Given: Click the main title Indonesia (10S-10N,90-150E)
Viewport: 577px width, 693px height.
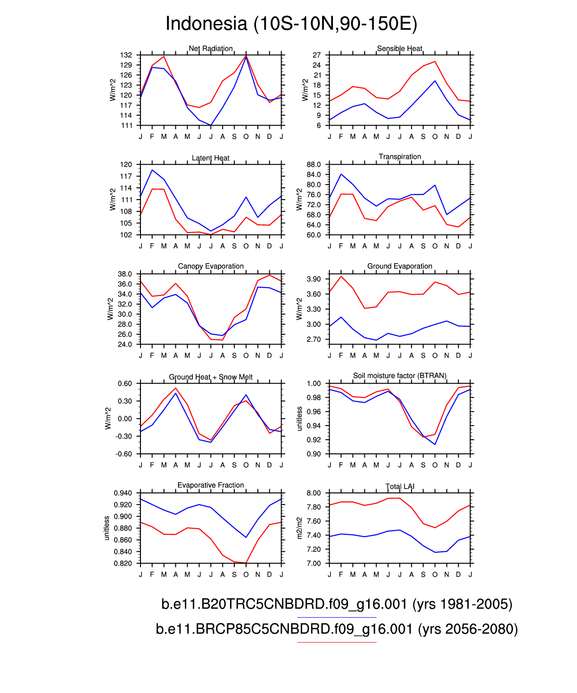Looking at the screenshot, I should [291, 24].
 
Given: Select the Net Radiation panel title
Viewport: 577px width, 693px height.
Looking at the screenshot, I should [211, 48].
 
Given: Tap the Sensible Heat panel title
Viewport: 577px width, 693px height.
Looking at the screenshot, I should [400, 48].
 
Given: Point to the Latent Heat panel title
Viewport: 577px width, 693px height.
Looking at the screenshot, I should [211, 158].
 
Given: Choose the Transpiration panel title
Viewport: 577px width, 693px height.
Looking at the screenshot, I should [400, 157].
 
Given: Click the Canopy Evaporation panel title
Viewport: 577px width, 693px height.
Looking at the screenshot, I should [211, 266].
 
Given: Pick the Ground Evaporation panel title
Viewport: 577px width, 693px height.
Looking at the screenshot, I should [400, 266].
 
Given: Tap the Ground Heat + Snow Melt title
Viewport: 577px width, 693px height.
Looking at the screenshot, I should [211, 377].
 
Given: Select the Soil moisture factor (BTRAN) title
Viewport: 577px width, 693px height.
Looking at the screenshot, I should [400, 376].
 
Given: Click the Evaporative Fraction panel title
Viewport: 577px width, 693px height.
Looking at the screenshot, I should [211, 485].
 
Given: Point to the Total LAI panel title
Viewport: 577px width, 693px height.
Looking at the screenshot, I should [400, 486].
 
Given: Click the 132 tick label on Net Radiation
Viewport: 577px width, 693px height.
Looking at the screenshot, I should [126, 55].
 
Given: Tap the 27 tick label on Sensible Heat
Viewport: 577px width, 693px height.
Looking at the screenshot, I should [317, 55].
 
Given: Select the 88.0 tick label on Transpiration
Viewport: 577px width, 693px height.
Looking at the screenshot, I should [313, 165].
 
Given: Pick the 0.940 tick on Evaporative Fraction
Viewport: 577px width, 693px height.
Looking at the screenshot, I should [123, 493].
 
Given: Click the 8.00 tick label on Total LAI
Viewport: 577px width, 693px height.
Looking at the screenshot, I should [313, 493].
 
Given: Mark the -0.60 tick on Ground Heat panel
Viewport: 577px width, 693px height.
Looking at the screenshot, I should [124, 454].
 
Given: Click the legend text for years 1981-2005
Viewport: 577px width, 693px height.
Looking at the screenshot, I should [337, 604].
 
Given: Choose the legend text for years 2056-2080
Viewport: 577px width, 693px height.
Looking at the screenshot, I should [337, 629].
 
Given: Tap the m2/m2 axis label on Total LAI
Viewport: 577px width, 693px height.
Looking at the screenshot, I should [299, 528].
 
